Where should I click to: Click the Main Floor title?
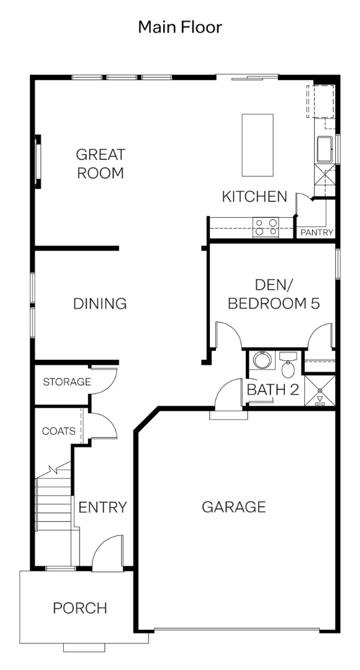[180, 27]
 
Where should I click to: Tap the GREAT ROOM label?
[101, 164]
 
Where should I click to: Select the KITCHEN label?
[254, 197]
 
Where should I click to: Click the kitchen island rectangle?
[258, 145]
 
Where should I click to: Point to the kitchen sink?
[325, 149]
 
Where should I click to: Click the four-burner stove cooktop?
[266, 227]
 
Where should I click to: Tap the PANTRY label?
[317, 233]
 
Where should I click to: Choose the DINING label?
[100, 303]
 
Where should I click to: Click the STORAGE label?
[67, 382]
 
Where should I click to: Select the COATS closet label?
[59, 431]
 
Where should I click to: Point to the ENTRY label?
[103, 507]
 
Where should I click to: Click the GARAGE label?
[234, 507]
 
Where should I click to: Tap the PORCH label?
[80, 608]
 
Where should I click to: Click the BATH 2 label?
[273, 390]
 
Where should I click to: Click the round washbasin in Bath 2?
[262, 360]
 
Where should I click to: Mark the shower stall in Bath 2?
[320, 390]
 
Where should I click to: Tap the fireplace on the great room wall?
[38, 161]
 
